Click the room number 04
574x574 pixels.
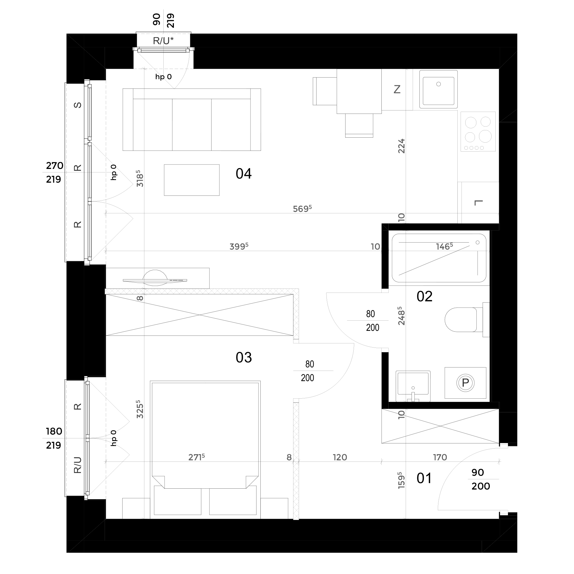[244, 174]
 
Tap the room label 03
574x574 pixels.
[244, 357]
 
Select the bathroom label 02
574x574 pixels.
[424, 296]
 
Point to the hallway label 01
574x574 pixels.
[424, 478]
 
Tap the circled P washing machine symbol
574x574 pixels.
[465, 383]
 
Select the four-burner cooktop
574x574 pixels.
[478, 132]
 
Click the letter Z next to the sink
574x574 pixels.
[397, 89]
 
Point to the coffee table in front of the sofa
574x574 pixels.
[192, 180]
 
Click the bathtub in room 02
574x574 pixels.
[439, 258]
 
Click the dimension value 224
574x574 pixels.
[401, 146]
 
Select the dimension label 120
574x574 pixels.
[340, 457]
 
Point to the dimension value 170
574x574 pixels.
[440, 457]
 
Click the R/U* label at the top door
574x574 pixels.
[163, 41]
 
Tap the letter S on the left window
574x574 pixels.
[77, 105]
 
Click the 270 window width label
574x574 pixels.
[55, 165]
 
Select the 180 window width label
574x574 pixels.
[54, 431]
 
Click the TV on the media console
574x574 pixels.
[155, 280]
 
